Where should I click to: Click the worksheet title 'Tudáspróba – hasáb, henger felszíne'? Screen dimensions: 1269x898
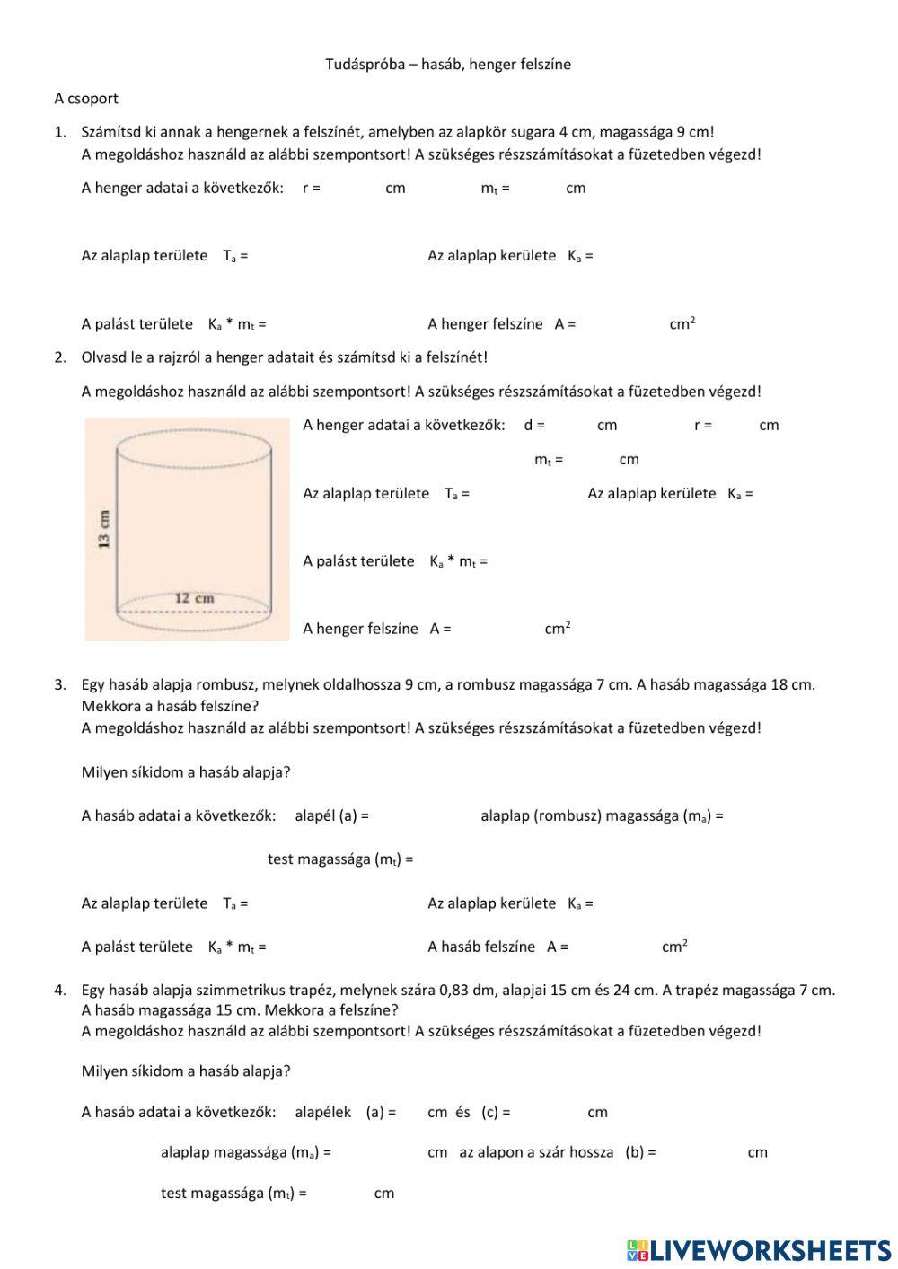[x=447, y=64]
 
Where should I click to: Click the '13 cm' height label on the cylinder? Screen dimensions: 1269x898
[x=104, y=528]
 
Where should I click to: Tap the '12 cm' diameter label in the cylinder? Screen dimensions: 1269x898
[x=194, y=597]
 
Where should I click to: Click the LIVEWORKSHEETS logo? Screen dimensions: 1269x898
[x=759, y=1250]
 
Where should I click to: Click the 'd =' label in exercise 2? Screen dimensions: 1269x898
[x=534, y=425]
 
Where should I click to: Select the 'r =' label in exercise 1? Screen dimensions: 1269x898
[x=311, y=188]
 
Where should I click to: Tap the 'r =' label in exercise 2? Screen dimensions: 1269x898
[x=702, y=425]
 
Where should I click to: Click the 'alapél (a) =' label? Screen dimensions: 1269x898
[x=331, y=815]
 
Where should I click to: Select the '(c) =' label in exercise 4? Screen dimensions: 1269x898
[x=496, y=1112]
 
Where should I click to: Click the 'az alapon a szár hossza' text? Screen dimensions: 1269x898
[x=536, y=1152]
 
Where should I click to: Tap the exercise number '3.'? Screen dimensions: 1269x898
[x=60, y=684]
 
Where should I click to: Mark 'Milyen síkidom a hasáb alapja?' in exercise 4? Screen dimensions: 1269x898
[x=186, y=1071]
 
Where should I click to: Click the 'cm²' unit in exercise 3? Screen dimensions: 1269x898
[x=674, y=947]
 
